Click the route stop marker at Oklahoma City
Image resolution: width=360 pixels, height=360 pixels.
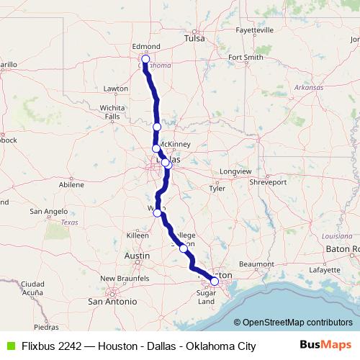pos(145,59)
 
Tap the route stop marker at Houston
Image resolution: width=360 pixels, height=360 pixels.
pos(214,281)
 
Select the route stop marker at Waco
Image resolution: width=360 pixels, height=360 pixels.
pos(157,212)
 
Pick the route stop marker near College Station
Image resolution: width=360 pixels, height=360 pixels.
pos(184,247)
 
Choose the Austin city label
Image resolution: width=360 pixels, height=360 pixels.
pos(137,256)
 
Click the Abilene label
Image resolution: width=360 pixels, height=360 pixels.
pos(71,184)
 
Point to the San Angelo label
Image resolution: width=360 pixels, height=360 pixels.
pos(48,212)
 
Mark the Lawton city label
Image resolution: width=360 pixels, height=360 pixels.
pos(115,89)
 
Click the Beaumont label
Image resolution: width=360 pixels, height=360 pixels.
pos(256,264)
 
